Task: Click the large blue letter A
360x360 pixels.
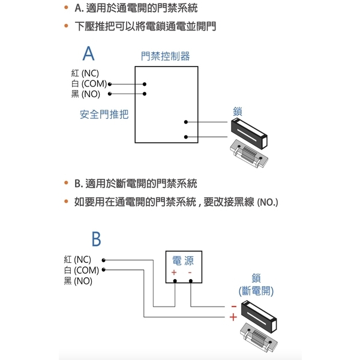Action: click(x=88, y=54)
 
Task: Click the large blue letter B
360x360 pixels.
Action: click(x=96, y=240)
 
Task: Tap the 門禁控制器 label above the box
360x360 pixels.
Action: click(x=165, y=56)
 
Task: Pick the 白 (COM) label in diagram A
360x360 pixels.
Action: click(x=89, y=84)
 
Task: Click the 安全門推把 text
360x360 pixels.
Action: click(x=104, y=114)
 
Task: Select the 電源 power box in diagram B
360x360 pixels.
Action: click(x=182, y=266)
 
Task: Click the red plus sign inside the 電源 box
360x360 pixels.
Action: click(x=174, y=273)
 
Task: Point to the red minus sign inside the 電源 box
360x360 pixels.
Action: click(x=190, y=273)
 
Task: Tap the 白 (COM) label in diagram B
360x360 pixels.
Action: click(x=82, y=270)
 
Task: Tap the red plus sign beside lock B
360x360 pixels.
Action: click(x=233, y=317)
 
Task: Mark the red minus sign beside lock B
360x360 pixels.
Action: click(x=233, y=305)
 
